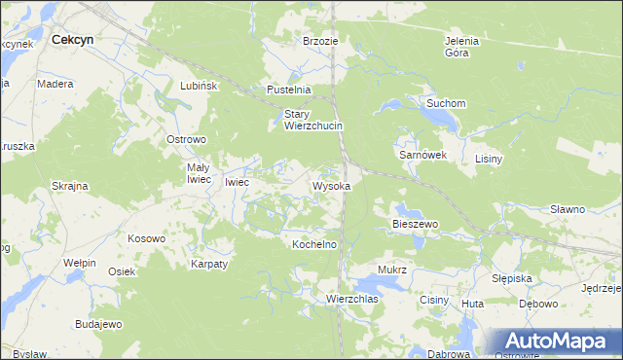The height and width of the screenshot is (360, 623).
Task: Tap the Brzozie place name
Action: tap(320, 41)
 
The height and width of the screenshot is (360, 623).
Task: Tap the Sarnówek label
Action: tap(422, 155)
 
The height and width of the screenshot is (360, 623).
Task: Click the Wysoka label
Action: tap(331, 185)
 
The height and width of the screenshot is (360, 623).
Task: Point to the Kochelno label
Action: tap(314, 244)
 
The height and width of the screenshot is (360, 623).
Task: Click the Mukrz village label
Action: tap(391, 269)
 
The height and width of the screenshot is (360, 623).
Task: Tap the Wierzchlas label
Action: tap(352, 299)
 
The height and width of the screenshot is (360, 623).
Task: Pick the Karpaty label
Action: tap(209, 264)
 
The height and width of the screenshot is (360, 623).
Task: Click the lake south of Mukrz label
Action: tap(385, 284)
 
